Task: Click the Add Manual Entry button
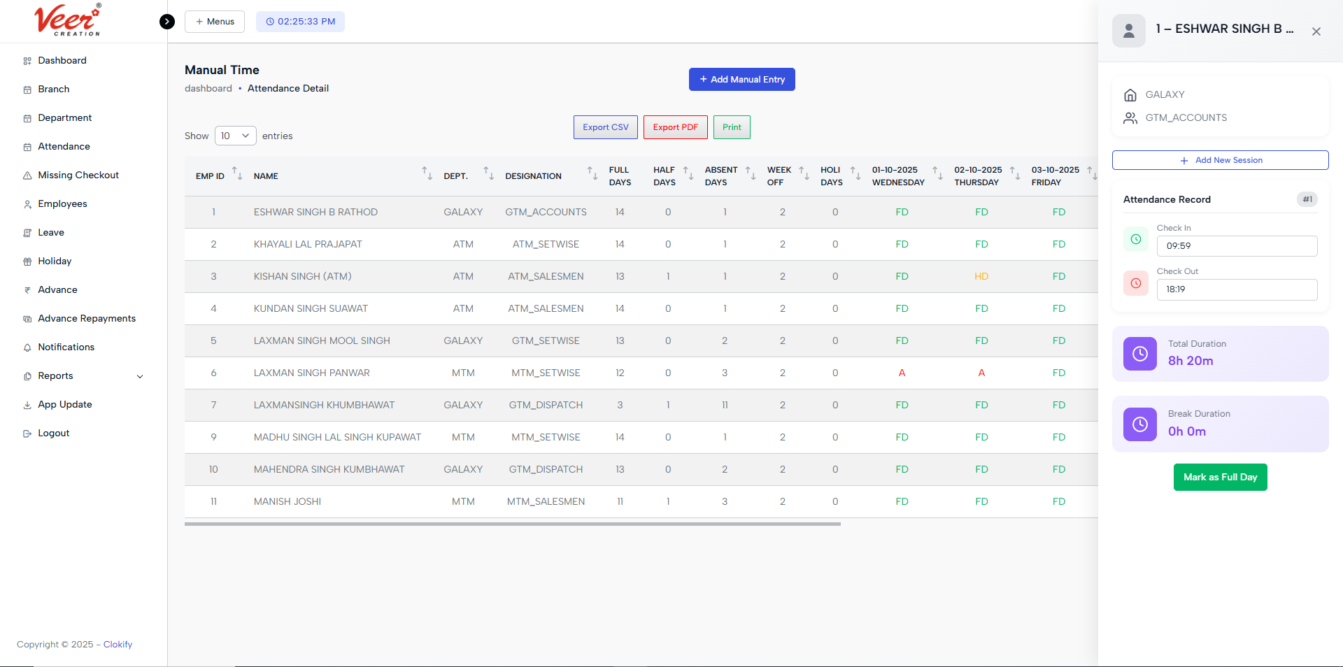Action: pos(741,80)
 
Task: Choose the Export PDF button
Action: pos(675,127)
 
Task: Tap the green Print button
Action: pos(732,127)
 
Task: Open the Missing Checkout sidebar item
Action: pos(78,175)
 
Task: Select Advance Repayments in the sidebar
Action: pos(86,319)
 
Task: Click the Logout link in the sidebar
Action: pos(53,433)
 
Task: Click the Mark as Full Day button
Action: pos(1220,478)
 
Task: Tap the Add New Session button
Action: pos(1220,160)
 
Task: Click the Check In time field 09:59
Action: pos(1236,246)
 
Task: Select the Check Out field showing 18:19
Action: pos(1236,289)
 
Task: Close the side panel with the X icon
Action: pos(1316,31)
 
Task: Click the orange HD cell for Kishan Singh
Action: pos(981,277)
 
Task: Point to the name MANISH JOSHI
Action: pos(287,502)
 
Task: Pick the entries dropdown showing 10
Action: pos(235,136)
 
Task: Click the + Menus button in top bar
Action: pos(215,22)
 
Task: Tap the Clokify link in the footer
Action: pos(118,645)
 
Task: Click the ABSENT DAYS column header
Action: pos(720,176)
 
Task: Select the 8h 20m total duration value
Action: pos(1190,361)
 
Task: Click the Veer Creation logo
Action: pos(68,20)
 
